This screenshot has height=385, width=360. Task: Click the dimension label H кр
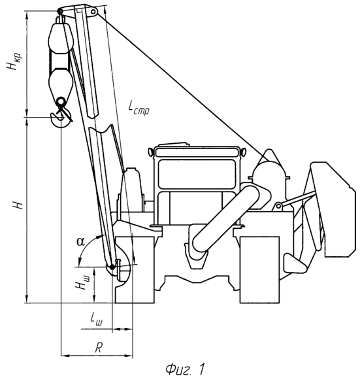pos(14,61)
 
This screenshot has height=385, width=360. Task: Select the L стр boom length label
pos(139,108)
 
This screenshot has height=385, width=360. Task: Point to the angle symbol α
pos(80,241)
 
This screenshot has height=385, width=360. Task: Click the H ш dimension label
pos(83,282)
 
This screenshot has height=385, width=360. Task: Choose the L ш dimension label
pos(97,318)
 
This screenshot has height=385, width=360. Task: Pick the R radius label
pos(99,348)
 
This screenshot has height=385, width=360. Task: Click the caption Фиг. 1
pos(185,369)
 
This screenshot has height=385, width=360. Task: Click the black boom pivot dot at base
pos(112,267)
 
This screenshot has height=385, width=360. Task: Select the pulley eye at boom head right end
pos(93,12)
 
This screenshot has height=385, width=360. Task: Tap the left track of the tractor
pos(135,269)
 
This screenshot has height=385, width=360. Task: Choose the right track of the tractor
pos(259,269)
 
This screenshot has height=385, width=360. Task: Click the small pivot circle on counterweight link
pos(278,206)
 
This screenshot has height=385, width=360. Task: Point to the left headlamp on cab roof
pos(150,152)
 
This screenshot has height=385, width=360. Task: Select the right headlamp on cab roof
pos(243,152)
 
